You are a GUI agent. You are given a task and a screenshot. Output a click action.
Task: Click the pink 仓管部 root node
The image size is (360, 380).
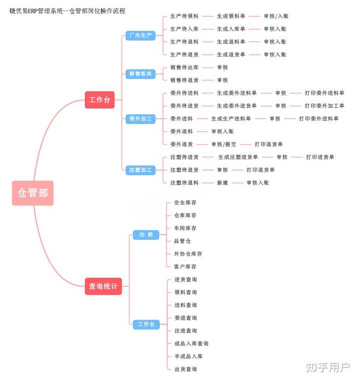pos(32,193)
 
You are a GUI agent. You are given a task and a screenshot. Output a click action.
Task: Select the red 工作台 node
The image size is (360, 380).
pos(99,100)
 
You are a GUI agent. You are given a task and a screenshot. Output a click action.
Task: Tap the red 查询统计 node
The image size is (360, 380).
pos(103,286)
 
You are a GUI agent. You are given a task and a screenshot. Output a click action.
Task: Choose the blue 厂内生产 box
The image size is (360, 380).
pos(140,36)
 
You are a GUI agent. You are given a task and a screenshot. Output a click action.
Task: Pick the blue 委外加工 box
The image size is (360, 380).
pos(140,119)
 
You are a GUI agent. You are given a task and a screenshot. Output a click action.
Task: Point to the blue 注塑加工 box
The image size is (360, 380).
pos(140,170)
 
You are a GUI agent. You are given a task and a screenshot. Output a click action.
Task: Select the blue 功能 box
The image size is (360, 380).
pos(146,235)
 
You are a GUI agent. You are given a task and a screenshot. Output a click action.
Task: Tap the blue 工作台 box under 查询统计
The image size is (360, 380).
pos(146,324)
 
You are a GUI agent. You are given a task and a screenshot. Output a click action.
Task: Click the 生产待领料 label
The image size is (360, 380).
pos(184,16)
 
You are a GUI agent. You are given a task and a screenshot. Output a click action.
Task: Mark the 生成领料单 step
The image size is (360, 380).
pos(231,16)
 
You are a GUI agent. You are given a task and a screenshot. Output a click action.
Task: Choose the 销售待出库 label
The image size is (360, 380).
pos(184,67)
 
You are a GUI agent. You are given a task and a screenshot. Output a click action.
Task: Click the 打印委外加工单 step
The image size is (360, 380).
pos(324,106)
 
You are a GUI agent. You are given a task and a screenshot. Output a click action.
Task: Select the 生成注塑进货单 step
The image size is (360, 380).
pos(238,157)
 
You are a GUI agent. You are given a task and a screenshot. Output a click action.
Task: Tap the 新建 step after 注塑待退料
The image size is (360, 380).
pos(222,183)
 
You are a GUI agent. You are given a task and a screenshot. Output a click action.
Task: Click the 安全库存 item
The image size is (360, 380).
pos(185,203)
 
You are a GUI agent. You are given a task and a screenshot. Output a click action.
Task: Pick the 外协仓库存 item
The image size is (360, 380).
pos(188,254)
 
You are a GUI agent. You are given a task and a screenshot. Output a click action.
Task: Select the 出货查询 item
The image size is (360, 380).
pos(185,369)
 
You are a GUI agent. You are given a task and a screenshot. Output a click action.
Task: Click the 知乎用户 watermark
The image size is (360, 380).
pos(327,367)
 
